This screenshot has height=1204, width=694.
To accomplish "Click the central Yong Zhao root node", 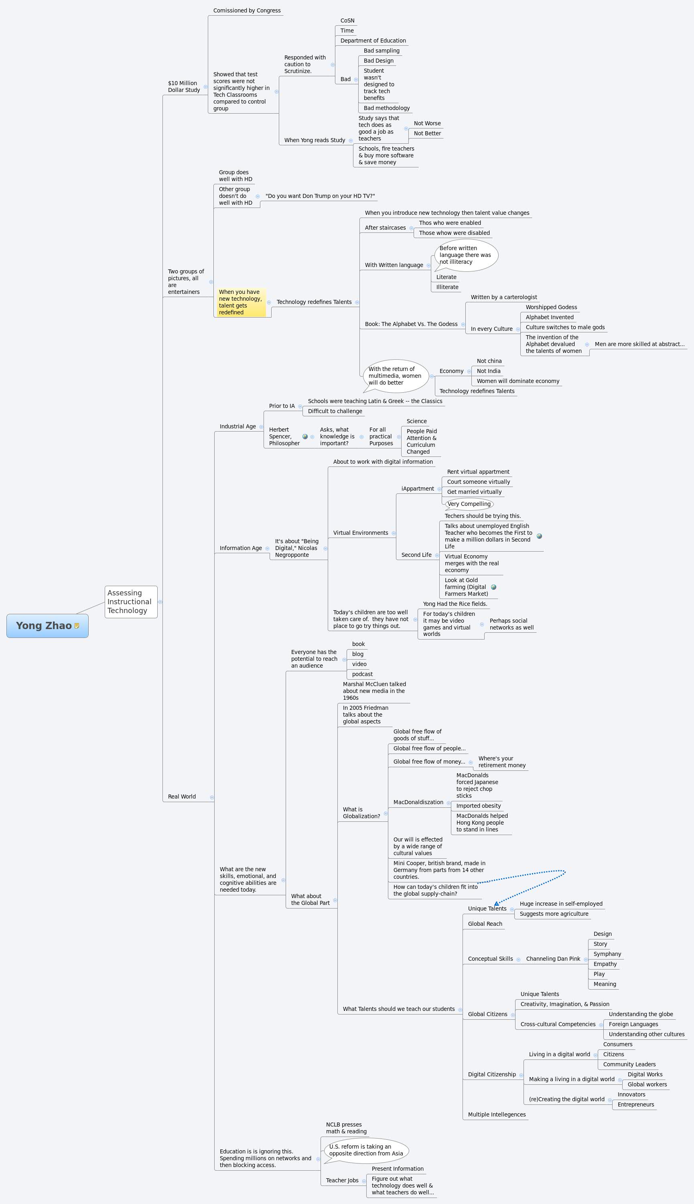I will pyautogui.click(x=44, y=625).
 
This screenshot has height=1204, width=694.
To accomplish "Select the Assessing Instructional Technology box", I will pyautogui.click(x=130, y=601).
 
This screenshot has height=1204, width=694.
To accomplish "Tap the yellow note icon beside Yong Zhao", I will pyautogui.click(x=77, y=626).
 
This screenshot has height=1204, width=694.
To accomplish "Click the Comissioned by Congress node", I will pyautogui.click(x=247, y=10).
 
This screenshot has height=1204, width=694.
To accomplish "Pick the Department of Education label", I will pyautogui.click(x=373, y=41).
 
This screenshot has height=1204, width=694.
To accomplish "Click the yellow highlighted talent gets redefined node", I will pyautogui.click(x=241, y=302).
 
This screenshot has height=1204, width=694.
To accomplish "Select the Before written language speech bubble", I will pyautogui.click(x=466, y=255).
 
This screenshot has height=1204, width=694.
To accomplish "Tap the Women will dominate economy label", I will pyautogui.click(x=517, y=381).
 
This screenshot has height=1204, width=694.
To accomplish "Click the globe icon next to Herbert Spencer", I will pyautogui.click(x=305, y=436).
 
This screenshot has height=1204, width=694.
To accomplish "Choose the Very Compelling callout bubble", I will pyautogui.click(x=469, y=504).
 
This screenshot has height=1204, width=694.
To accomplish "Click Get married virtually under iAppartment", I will pyautogui.click(x=474, y=492).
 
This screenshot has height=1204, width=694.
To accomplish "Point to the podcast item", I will pyautogui.click(x=362, y=674).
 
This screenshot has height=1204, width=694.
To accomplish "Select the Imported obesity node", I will pyautogui.click(x=478, y=806).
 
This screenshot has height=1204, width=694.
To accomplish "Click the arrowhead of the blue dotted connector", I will pyautogui.click(x=496, y=904).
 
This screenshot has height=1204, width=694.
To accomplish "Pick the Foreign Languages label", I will pyautogui.click(x=633, y=1024).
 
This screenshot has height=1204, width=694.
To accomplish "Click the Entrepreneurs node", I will pyautogui.click(x=635, y=1104).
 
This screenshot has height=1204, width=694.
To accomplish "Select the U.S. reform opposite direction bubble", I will pyautogui.click(x=365, y=1150).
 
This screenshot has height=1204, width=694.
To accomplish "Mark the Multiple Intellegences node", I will pyautogui.click(x=496, y=1114).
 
